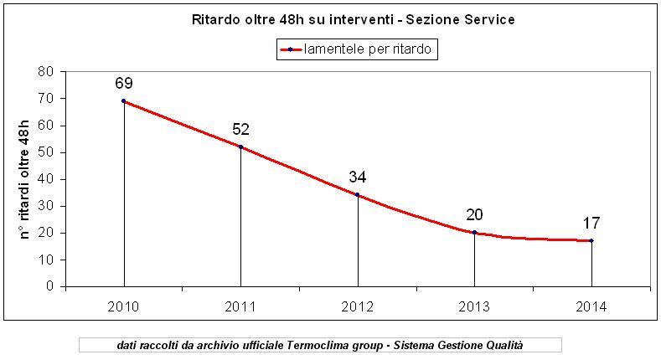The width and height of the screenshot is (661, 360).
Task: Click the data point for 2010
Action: [124, 100]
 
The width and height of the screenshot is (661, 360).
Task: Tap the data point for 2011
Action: [240, 147]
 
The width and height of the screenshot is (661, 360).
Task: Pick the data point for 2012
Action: [358, 194]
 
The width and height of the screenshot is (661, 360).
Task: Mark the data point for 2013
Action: [474, 232]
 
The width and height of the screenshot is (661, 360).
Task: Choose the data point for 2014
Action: [591, 240]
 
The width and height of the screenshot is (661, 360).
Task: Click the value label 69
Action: [124, 83]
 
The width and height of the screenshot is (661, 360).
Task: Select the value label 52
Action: [240, 129]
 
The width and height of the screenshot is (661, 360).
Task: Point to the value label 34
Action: [358, 177]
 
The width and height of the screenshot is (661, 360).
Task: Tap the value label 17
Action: [591, 223]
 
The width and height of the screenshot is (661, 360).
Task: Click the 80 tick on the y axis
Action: [46, 72]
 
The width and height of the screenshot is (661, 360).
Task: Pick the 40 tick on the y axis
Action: [46, 179]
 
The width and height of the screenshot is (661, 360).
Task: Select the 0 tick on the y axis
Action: [50, 286]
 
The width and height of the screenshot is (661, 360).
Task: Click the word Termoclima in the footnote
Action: [317, 345]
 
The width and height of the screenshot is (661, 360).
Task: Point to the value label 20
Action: [474, 214]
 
